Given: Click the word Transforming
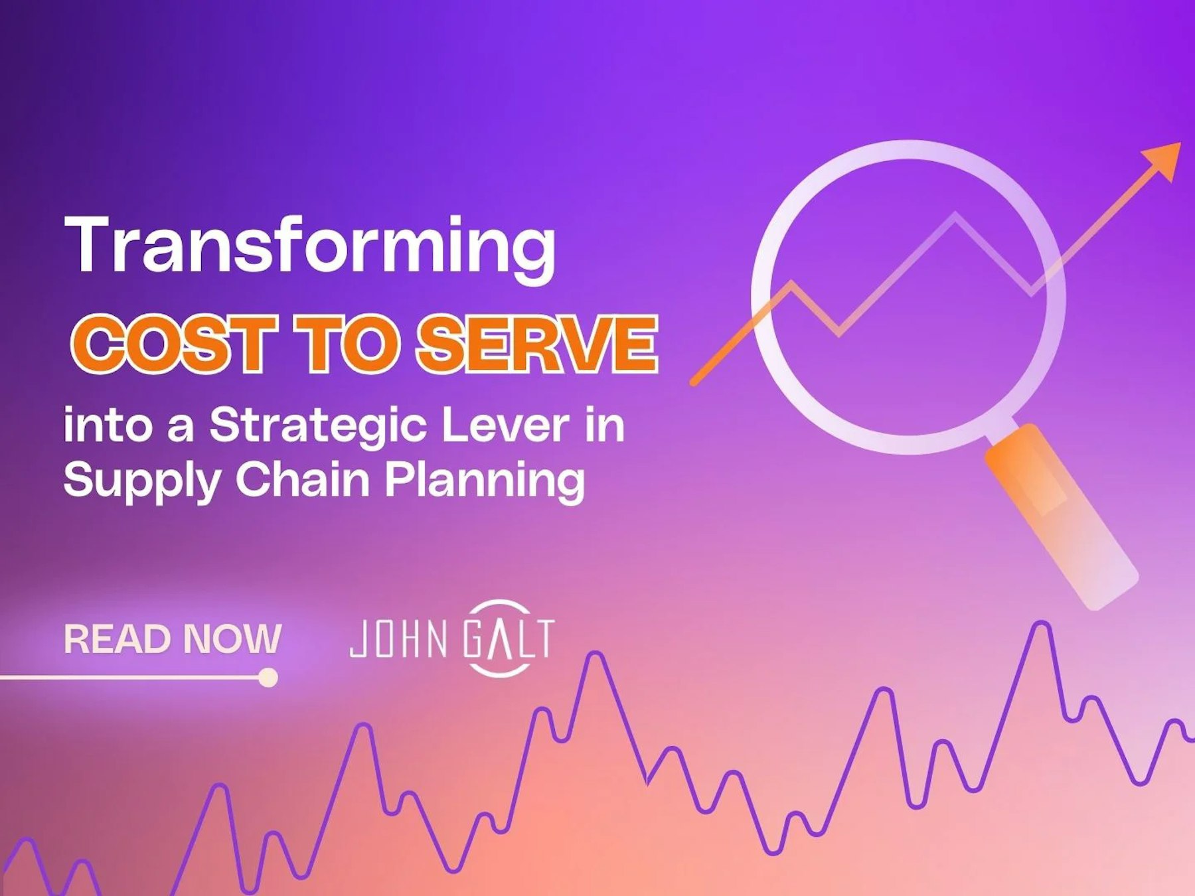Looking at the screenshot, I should coord(310,246).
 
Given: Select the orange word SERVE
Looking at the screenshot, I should coord(536,344).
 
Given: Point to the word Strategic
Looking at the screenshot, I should coord(317,426).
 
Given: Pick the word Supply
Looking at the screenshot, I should coord(141,481).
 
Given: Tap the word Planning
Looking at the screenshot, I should coord(485,481).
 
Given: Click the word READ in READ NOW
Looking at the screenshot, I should coord(117,639).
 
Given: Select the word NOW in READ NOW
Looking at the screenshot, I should coord(232,639).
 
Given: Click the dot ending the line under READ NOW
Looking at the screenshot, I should coord(268,678).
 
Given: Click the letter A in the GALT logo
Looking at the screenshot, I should coord(503,639).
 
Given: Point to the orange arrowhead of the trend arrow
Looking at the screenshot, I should coord(1165,159).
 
